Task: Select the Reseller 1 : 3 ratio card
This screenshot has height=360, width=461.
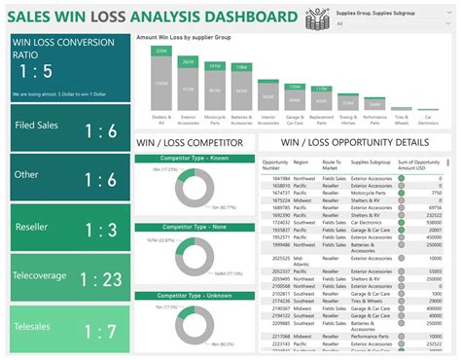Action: click(x=67, y=229)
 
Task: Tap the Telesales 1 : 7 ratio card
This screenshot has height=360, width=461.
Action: click(x=67, y=330)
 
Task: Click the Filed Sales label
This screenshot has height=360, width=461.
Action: click(x=39, y=126)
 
